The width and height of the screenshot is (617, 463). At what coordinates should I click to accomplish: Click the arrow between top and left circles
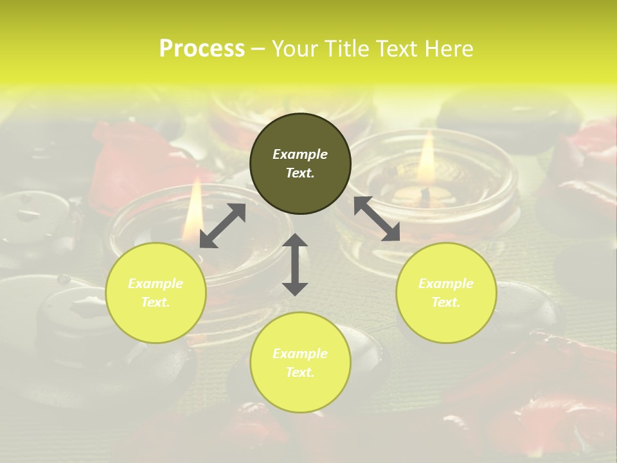(222, 226)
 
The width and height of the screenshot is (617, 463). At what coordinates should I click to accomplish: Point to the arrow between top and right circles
(377, 219)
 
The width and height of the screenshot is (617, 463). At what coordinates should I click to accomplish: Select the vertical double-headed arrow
(295, 264)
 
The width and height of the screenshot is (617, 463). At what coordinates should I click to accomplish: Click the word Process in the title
(202, 48)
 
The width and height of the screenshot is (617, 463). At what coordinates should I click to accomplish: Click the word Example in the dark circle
(300, 154)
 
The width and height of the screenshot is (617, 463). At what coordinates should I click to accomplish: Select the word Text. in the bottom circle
(300, 372)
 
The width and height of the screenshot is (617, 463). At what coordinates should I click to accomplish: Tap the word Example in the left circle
(156, 284)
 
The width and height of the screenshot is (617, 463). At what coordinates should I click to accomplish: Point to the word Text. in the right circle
(446, 302)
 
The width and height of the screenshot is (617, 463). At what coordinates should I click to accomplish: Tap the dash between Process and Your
(258, 49)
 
